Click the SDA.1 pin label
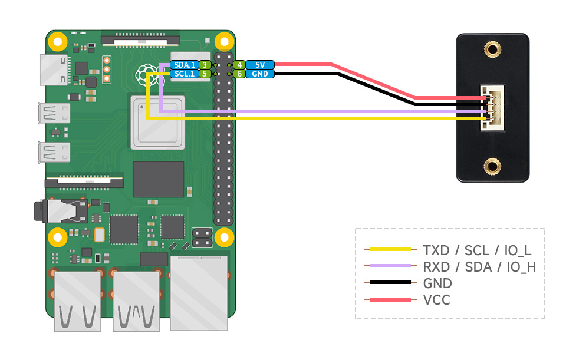183,65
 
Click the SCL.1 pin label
183,74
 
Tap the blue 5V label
260,65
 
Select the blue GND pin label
260,74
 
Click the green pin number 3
204,65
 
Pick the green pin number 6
239,74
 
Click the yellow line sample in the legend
387,249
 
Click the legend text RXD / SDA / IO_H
479,266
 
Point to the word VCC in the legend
436,300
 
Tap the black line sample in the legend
387,283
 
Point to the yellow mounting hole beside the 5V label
223,42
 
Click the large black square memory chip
158,179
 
